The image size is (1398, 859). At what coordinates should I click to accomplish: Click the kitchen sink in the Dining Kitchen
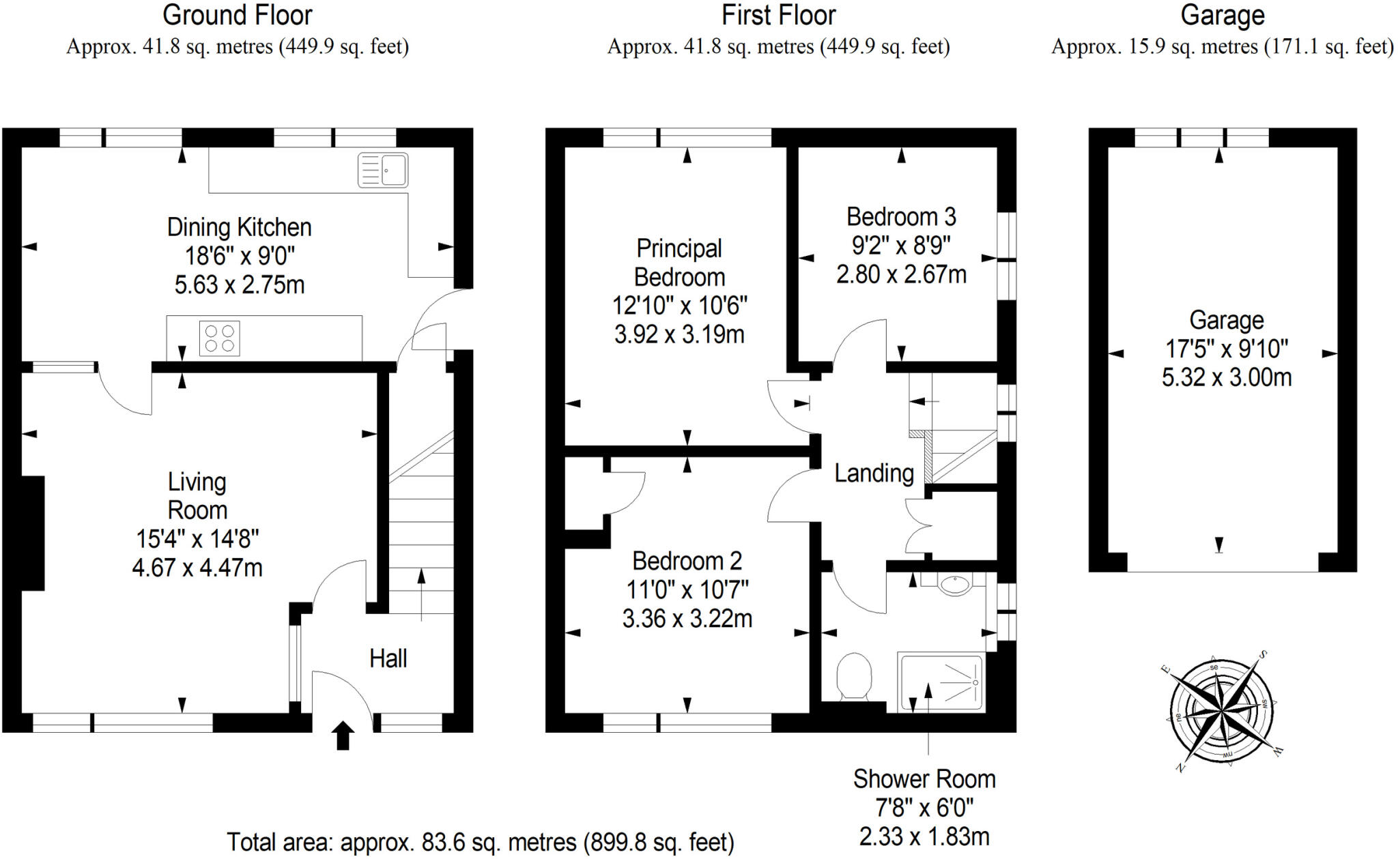pyautogui.click(x=383, y=170)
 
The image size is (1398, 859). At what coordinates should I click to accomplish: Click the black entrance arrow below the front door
pyautogui.click(x=343, y=736)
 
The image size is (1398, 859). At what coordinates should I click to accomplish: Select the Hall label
pyautogui.click(x=388, y=658)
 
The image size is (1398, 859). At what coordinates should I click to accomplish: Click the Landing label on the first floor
pyautogui.click(x=874, y=473)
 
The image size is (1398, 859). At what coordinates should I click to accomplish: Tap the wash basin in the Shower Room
pyautogui.click(x=953, y=584)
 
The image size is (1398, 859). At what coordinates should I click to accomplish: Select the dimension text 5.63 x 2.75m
pyautogui.click(x=240, y=285)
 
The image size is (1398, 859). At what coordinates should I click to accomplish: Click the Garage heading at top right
pyautogui.click(x=1222, y=15)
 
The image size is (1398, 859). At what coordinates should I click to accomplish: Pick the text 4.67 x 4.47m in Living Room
pyautogui.click(x=197, y=568)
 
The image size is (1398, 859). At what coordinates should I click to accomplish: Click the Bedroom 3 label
pyautogui.click(x=901, y=217)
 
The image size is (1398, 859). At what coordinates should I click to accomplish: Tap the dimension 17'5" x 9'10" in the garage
pyautogui.click(x=1226, y=349)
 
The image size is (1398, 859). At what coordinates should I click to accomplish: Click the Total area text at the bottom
pyautogui.click(x=480, y=842)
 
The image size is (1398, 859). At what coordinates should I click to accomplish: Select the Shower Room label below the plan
pyautogui.click(x=924, y=779)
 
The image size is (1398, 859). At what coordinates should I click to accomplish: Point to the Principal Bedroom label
pyautogui.click(x=679, y=263)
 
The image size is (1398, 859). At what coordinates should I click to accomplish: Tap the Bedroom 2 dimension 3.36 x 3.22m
pyautogui.click(x=687, y=619)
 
